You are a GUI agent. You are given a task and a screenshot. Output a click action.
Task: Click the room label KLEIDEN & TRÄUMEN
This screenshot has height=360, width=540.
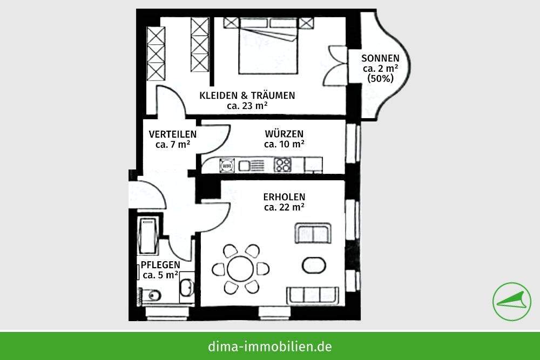click(x=247, y=96)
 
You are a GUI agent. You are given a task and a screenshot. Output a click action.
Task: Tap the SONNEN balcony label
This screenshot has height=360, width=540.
click(x=380, y=58)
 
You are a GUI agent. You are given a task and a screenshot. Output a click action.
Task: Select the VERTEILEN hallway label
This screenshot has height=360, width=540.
click(x=173, y=134)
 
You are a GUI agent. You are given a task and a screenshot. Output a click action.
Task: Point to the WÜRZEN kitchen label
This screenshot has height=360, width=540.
click(x=284, y=134)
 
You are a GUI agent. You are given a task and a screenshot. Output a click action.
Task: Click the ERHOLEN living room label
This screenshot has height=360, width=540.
click(x=285, y=197)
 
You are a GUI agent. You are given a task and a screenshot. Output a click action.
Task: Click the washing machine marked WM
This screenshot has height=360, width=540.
click(x=227, y=165)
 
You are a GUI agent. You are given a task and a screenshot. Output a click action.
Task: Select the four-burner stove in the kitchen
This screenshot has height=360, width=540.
click(x=282, y=164)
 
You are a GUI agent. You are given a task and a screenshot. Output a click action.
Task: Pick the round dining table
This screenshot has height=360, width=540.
click(x=240, y=268)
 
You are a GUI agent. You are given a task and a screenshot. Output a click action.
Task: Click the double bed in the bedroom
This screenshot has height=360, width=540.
click(x=267, y=46)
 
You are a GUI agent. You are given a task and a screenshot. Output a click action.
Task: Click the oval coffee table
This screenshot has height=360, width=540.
click(x=313, y=265)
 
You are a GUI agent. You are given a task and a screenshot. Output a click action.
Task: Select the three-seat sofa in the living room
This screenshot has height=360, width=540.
click(x=313, y=295)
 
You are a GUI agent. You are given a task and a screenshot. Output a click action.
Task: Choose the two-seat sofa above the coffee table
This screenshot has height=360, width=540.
click(x=312, y=233)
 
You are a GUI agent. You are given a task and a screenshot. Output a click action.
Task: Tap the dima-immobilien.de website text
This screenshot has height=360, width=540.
click(x=269, y=346)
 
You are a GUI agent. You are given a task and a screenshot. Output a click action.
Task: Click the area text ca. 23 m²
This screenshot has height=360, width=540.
click(x=247, y=106)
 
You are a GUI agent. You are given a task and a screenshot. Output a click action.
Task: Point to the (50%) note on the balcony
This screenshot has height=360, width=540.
click(x=380, y=78)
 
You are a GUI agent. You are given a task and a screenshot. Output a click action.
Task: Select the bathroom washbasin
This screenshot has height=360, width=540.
click(x=186, y=288)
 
